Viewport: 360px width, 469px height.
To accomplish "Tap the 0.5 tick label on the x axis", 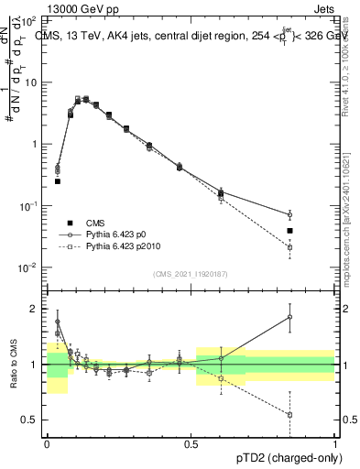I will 191,443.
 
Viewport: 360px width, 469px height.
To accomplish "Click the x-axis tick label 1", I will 335,443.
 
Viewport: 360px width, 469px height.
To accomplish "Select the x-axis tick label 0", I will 47,443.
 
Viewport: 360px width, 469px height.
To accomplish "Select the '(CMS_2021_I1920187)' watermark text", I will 191,274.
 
